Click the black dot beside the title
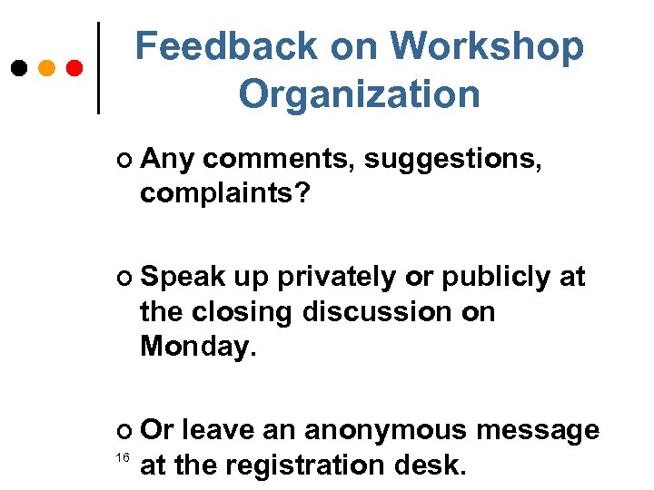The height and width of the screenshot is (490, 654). [18, 68]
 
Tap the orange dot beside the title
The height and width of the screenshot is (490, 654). [46, 68]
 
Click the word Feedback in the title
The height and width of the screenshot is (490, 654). [226, 46]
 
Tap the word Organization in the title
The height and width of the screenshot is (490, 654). [359, 93]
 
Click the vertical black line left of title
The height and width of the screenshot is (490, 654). [98, 68]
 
